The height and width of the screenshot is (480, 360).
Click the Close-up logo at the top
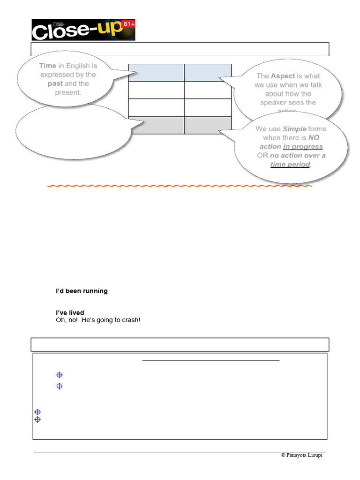coord(83,30)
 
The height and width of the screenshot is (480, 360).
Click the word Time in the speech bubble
coord(48,66)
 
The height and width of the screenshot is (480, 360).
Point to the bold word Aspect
coord(283,76)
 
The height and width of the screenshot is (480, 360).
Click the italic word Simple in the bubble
coord(294,129)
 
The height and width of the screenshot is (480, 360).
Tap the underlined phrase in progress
coord(303,147)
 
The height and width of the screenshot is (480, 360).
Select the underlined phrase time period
coord(290,165)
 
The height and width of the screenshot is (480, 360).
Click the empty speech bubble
coord(73,131)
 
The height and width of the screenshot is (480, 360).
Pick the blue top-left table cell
coord(156,73)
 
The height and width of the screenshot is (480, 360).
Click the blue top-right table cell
coord(208,73)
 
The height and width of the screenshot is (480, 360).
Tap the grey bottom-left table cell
coord(156,125)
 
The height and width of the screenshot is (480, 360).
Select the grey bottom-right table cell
coord(208,125)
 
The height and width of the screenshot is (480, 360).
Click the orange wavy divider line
coord(180,186)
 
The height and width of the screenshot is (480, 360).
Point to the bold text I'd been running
coord(82,291)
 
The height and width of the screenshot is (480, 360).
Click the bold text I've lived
coord(70,313)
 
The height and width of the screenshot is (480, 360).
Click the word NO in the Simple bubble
coord(314,138)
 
